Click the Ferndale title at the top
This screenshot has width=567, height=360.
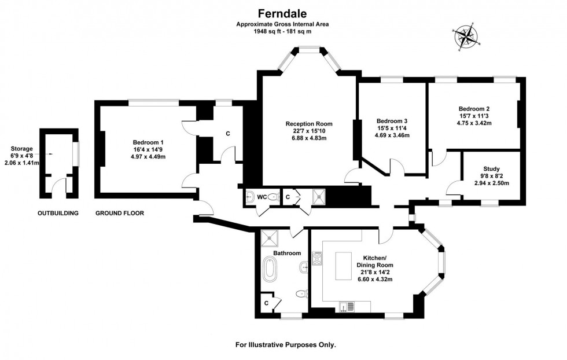(x=282, y=13)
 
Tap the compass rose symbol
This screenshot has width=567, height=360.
(x=466, y=36)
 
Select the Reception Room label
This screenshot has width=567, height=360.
(x=309, y=124)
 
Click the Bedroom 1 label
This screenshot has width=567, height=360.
(x=148, y=142)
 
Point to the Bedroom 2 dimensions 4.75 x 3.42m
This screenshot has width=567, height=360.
(x=474, y=123)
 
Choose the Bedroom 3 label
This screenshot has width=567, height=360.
(x=392, y=121)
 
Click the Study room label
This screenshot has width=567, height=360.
(x=491, y=168)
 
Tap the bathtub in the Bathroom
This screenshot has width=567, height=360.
(x=270, y=269)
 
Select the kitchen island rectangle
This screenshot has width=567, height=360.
(x=343, y=266)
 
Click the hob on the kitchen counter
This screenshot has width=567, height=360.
(x=317, y=259)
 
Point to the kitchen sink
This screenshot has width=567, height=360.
(x=347, y=307)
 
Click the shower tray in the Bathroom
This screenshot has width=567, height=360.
(x=270, y=238)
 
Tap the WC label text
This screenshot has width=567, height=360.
(x=262, y=197)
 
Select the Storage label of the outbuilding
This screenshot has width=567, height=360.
(x=22, y=149)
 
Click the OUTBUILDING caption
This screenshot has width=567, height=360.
(x=58, y=213)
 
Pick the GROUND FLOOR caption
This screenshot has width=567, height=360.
(x=120, y=213)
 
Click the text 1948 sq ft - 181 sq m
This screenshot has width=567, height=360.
(x=282, y=31)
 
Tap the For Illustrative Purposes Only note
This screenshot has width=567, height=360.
(x=286, y=345)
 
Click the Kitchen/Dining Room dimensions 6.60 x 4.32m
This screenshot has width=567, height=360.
(x=375, y=280)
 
